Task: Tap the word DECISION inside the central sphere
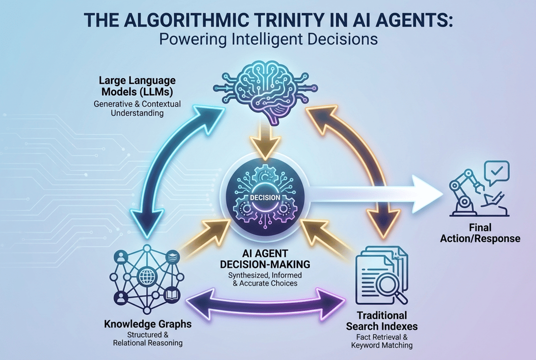click(x=265, y=197)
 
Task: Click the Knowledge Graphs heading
click(x=148, y=324)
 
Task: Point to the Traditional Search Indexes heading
click(x=382, y=321)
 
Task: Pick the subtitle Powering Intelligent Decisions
click(x=268, y=39)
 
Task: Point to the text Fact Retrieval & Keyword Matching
click(x=382, y=340)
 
